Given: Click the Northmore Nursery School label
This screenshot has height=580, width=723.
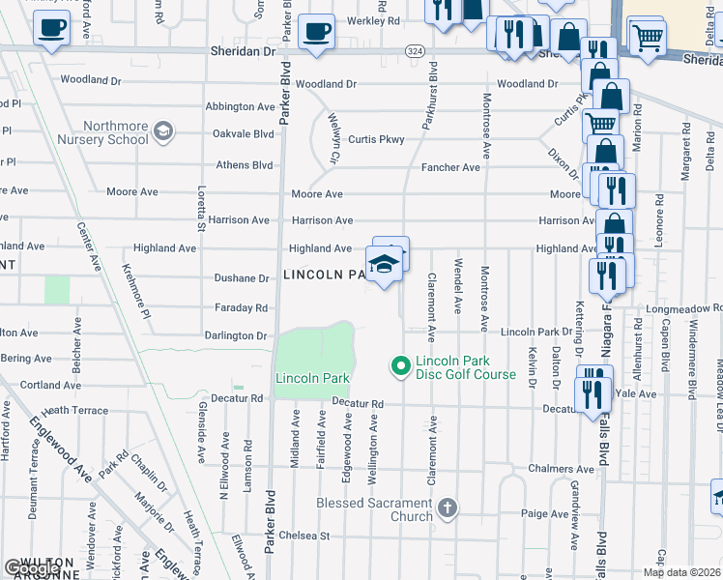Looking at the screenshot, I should tap(115, 132).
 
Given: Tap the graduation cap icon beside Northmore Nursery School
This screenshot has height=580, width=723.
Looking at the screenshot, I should tap(163, 130).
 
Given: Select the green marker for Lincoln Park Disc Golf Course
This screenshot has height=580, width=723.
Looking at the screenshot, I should tap(400, 365).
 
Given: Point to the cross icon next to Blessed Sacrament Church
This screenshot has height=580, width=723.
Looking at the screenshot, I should tap(447, 507).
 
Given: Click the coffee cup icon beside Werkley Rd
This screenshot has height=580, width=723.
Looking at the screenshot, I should tap(316, 31).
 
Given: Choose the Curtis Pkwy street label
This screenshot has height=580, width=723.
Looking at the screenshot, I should tap(376, 139).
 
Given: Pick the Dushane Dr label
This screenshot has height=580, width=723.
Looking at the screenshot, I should tap(242, 278).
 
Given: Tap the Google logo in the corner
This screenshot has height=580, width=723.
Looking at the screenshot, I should tap(32, 568).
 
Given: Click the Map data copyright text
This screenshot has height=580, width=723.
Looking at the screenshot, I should tap(681, 572).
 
